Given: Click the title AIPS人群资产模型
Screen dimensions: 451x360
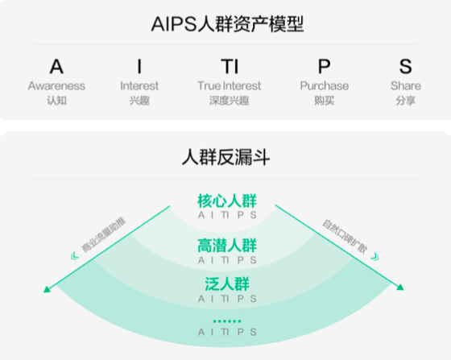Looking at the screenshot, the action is [227, 24].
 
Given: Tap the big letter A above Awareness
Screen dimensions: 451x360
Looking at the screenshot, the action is [56, 66].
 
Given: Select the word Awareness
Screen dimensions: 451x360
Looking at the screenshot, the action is [56, 85].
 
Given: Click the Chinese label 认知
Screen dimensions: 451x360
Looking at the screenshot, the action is [56, 101].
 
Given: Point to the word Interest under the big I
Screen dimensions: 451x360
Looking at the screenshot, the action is [139, 85].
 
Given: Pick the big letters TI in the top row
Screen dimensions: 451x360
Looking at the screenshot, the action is [230, 66].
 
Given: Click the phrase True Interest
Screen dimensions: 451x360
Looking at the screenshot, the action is [230, 85].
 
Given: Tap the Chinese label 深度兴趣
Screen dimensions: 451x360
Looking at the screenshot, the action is [230, 101].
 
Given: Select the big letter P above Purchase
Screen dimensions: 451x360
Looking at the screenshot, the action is [324, 66].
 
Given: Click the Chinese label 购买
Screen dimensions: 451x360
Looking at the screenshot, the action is [324, 101].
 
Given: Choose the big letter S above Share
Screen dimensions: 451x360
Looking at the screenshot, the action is [406, 66].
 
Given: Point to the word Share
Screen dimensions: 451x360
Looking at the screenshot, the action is [406, 85].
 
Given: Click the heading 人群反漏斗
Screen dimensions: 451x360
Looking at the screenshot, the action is [225, 157].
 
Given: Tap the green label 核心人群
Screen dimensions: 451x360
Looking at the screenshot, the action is [227, 201].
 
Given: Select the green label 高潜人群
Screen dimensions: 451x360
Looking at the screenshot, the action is [227, 246].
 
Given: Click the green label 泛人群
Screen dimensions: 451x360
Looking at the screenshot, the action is [227, 284].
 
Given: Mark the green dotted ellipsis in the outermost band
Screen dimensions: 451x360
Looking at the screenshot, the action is [227, 321].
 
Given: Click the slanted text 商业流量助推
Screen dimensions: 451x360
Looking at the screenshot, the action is [104, 235].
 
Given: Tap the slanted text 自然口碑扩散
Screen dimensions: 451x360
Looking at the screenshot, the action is [345, 237].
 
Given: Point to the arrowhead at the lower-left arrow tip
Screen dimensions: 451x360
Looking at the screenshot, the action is [47, 289].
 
